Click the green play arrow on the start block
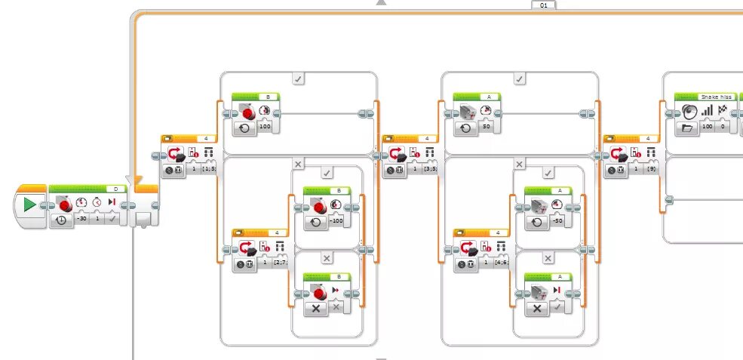[x=29, y=205]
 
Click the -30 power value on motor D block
[x=81, y=220]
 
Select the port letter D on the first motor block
[x=115, y=188]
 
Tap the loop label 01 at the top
[x=543, y=5]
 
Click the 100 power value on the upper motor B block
[x=265, y=127]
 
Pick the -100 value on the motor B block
[x=336, y=221]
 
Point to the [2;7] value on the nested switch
[x=280, y=263]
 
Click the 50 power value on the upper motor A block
[x=487, y=127]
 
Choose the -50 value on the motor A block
[x=558, y=221]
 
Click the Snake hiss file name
[x=715, y=97]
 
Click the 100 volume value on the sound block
[x=708, y=127]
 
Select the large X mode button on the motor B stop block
[x=315, y=308]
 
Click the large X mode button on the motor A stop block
[x=537, y=308]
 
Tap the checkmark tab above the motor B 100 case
[x=299, y=78]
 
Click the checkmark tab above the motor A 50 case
[x=520, y=78]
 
